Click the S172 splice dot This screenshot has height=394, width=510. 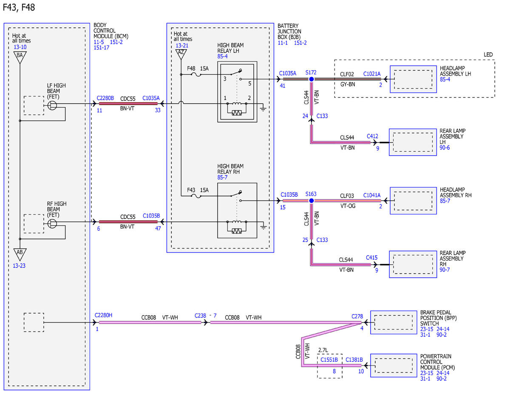311,79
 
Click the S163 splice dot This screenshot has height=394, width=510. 311,201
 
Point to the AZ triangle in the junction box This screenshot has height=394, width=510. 181,54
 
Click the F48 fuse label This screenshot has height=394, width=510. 191,68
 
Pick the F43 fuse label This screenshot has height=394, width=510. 191,190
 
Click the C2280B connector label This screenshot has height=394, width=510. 105,98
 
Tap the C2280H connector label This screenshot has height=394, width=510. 103,315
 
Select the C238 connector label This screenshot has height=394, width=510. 200,316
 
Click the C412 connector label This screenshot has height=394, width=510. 372,136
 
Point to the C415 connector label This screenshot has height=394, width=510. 372,258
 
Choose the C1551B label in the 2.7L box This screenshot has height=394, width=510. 329,360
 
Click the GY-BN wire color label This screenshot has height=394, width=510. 348,84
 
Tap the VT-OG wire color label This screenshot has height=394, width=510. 348,206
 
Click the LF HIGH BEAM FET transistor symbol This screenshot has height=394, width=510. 52,105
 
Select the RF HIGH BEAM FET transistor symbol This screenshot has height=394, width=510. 52,224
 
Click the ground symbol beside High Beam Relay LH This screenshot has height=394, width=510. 263,109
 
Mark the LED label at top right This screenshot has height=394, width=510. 488,55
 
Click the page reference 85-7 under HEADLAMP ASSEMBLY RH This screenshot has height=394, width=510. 445,201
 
